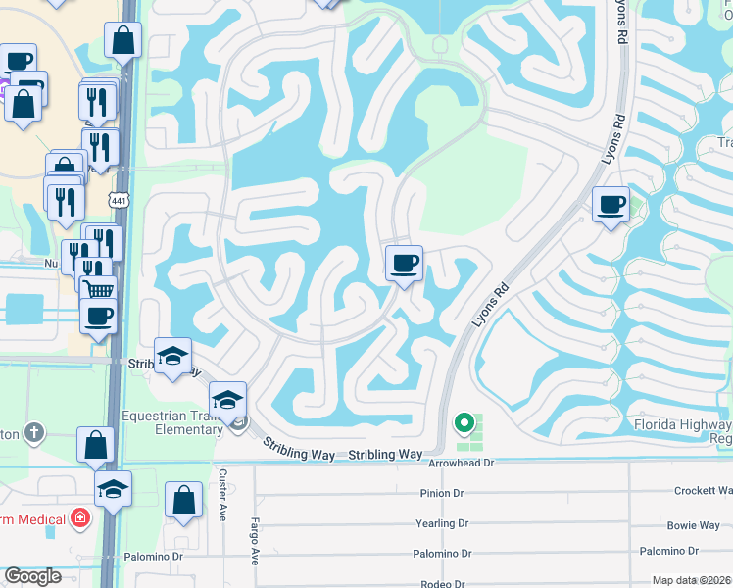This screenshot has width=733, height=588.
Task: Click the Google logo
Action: (33, 576)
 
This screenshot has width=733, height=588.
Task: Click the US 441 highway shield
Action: (119, 200)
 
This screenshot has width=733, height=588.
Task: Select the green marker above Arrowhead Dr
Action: (464, 423)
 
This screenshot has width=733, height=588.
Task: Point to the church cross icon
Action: (34, 432)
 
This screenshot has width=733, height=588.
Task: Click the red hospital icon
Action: (80, 518)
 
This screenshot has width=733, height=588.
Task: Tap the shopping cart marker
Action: (96, 288)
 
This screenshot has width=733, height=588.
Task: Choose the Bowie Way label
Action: (693, 525)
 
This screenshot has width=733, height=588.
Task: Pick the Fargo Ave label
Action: (253, 542)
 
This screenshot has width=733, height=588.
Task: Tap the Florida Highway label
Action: (681, 425)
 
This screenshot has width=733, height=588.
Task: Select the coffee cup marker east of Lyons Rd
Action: (611, 205)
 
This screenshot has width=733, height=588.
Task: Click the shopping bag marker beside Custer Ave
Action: (183, 500)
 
